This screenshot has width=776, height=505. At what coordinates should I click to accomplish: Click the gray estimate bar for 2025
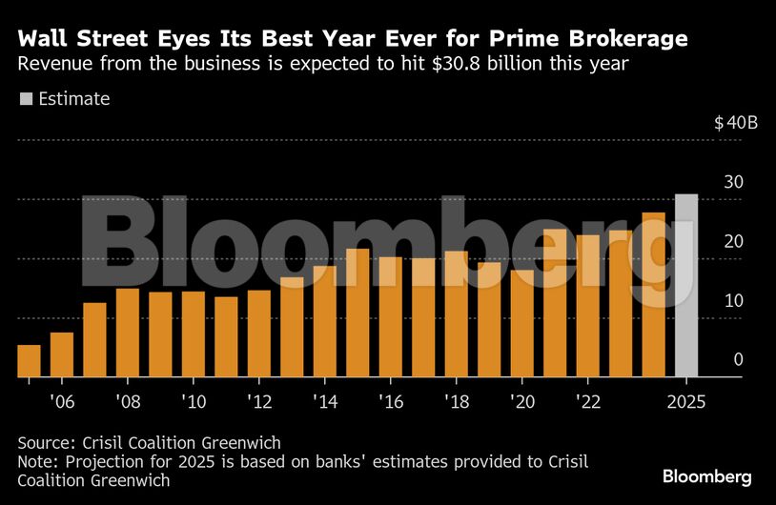click(x=686, y=286)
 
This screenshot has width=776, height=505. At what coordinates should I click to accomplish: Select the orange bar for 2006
click(x=62, y=354)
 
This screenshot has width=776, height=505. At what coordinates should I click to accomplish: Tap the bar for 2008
click(x=128, y=333)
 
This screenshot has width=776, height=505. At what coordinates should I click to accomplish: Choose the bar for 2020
click(x=521, y=324)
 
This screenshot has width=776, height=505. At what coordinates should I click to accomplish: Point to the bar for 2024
click(x=653, y=294)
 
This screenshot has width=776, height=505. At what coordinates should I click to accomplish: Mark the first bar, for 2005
click(x=30, y=361)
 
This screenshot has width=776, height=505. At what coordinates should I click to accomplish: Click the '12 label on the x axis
click(x=258, y=401)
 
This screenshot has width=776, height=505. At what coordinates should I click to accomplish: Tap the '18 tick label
click(x=456, y=401)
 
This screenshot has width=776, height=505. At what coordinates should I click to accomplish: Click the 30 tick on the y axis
click(x=732, y=182)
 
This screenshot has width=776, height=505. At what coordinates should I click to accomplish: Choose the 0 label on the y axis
click(x=737, y=359)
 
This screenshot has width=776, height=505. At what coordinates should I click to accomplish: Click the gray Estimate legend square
click(x=26, y=98)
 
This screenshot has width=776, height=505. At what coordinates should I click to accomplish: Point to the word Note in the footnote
click(x=37, y=461)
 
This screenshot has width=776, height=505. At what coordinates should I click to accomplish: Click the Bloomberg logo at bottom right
click(x=707, y=476)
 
